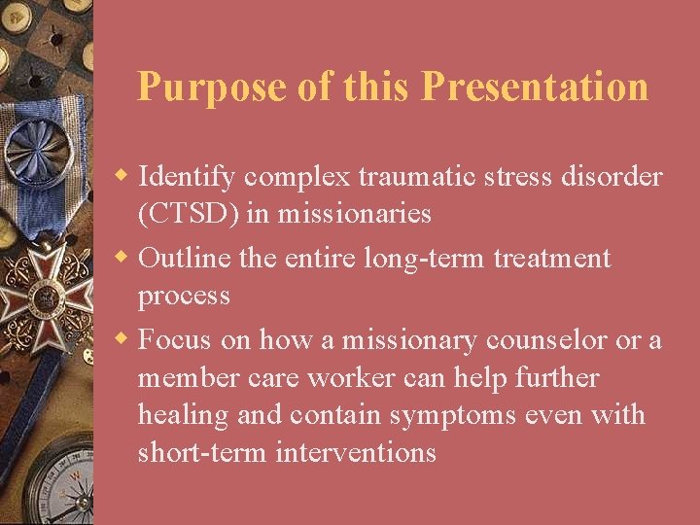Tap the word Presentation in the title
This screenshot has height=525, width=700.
tap(535, 87)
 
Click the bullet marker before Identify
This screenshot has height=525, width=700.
tap(123, 177)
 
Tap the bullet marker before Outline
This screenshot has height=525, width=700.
tap(123, 259)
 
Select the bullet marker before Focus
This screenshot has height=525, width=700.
tap(123, 340)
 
